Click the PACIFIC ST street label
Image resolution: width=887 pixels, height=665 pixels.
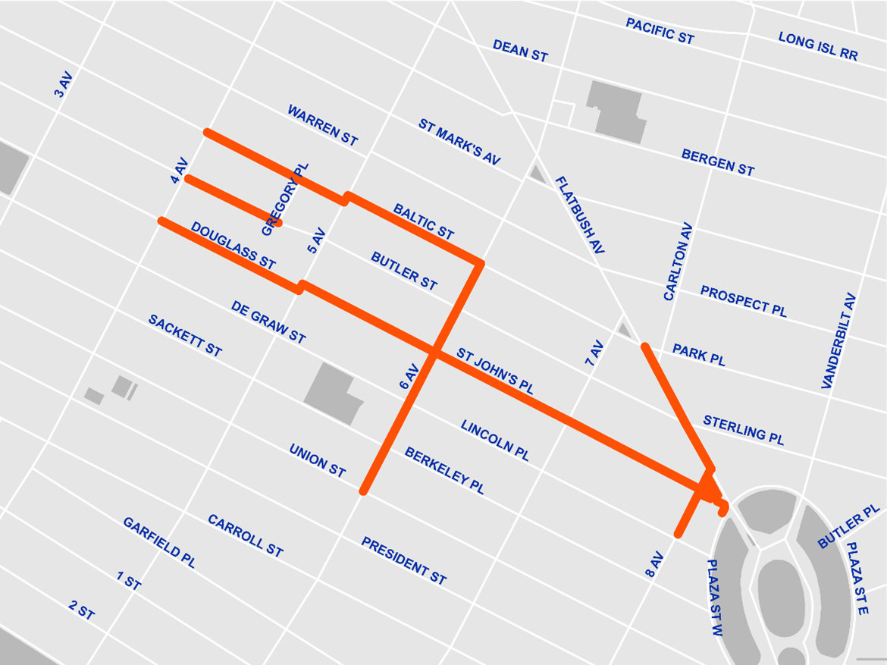click(660, 31)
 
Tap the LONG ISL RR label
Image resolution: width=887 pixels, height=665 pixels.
click(818, 45)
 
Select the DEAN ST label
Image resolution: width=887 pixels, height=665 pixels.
click(520, 51)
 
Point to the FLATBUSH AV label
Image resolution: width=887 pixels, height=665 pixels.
click(580, 215)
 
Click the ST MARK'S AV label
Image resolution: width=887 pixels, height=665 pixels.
click(459, 142)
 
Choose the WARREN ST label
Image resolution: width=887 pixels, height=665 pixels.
click(322, 125)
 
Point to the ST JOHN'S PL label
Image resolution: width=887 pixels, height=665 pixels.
click(495, 371)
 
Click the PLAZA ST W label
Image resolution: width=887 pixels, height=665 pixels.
click(716, 598)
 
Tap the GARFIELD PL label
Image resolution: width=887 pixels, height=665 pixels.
click(159, 542)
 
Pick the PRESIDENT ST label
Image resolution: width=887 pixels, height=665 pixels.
click(403, 560)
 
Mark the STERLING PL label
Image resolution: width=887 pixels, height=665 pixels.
click(743, 430)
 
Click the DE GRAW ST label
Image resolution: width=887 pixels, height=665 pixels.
click(268, 322)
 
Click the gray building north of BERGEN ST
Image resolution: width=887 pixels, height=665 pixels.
click(616, 111)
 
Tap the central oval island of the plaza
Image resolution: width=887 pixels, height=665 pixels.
click(780, 588)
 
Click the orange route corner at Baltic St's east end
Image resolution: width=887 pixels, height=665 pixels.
click(479, 264)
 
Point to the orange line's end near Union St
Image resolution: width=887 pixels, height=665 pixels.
click(364, 491)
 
